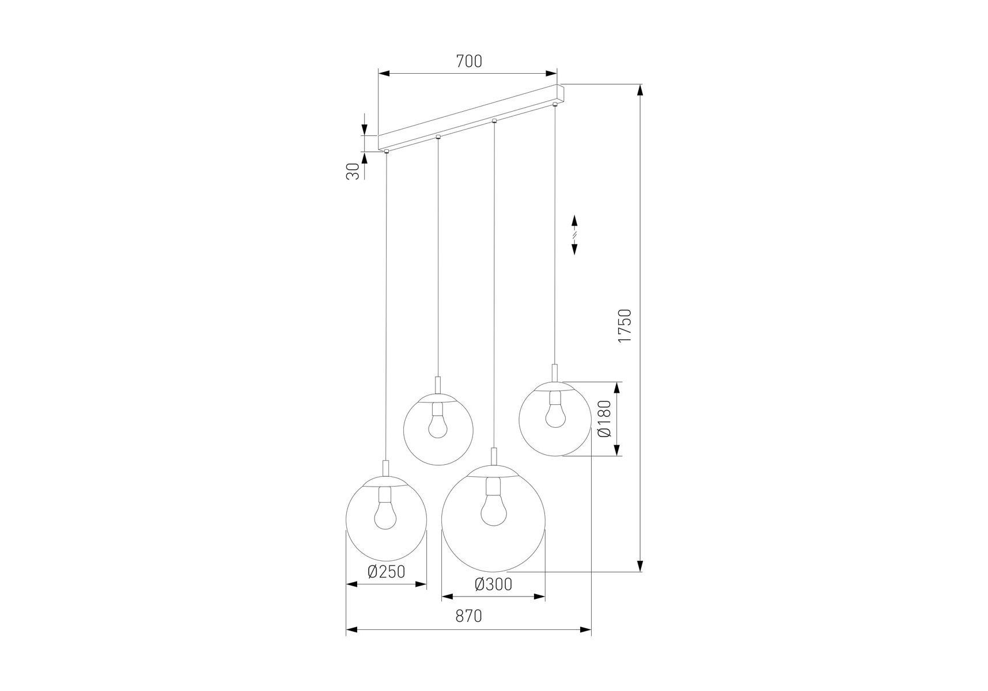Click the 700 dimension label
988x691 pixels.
click(x=469, y=61)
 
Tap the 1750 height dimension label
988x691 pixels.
click(x=625, y=326)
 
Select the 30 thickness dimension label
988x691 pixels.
click(x=353, y=170)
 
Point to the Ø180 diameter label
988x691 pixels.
click(x=604, y=419)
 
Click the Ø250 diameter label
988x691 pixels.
click(x=387, y=572)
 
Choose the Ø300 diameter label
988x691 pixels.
click(x=493, y=584)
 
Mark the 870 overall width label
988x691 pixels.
click(x=468, y=616)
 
